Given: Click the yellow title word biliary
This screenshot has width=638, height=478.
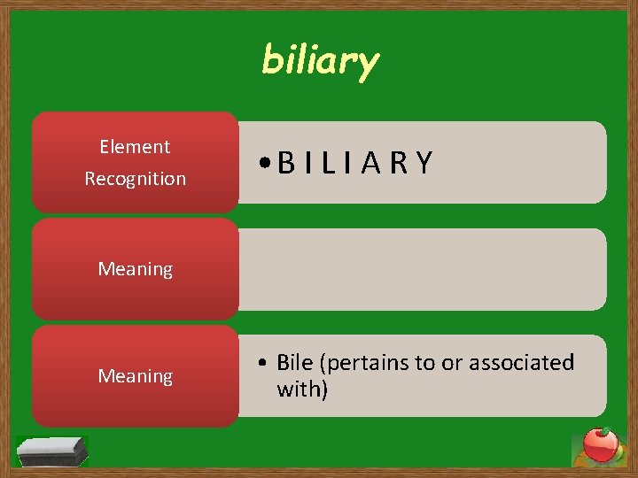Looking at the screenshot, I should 320,61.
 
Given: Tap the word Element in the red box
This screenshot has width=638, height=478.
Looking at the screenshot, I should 135,146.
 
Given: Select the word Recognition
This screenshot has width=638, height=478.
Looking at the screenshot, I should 135,178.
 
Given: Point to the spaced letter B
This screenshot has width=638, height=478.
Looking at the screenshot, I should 286,163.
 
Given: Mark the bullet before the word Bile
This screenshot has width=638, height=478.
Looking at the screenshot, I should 265,363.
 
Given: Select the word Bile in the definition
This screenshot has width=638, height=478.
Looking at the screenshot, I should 294,362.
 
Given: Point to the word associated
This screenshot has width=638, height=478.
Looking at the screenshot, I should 521,362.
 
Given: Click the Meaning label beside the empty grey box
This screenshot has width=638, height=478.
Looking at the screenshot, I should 135,268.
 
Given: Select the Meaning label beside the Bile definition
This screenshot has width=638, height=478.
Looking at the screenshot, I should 135,376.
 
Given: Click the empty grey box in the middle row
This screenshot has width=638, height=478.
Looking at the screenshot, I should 422,269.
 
